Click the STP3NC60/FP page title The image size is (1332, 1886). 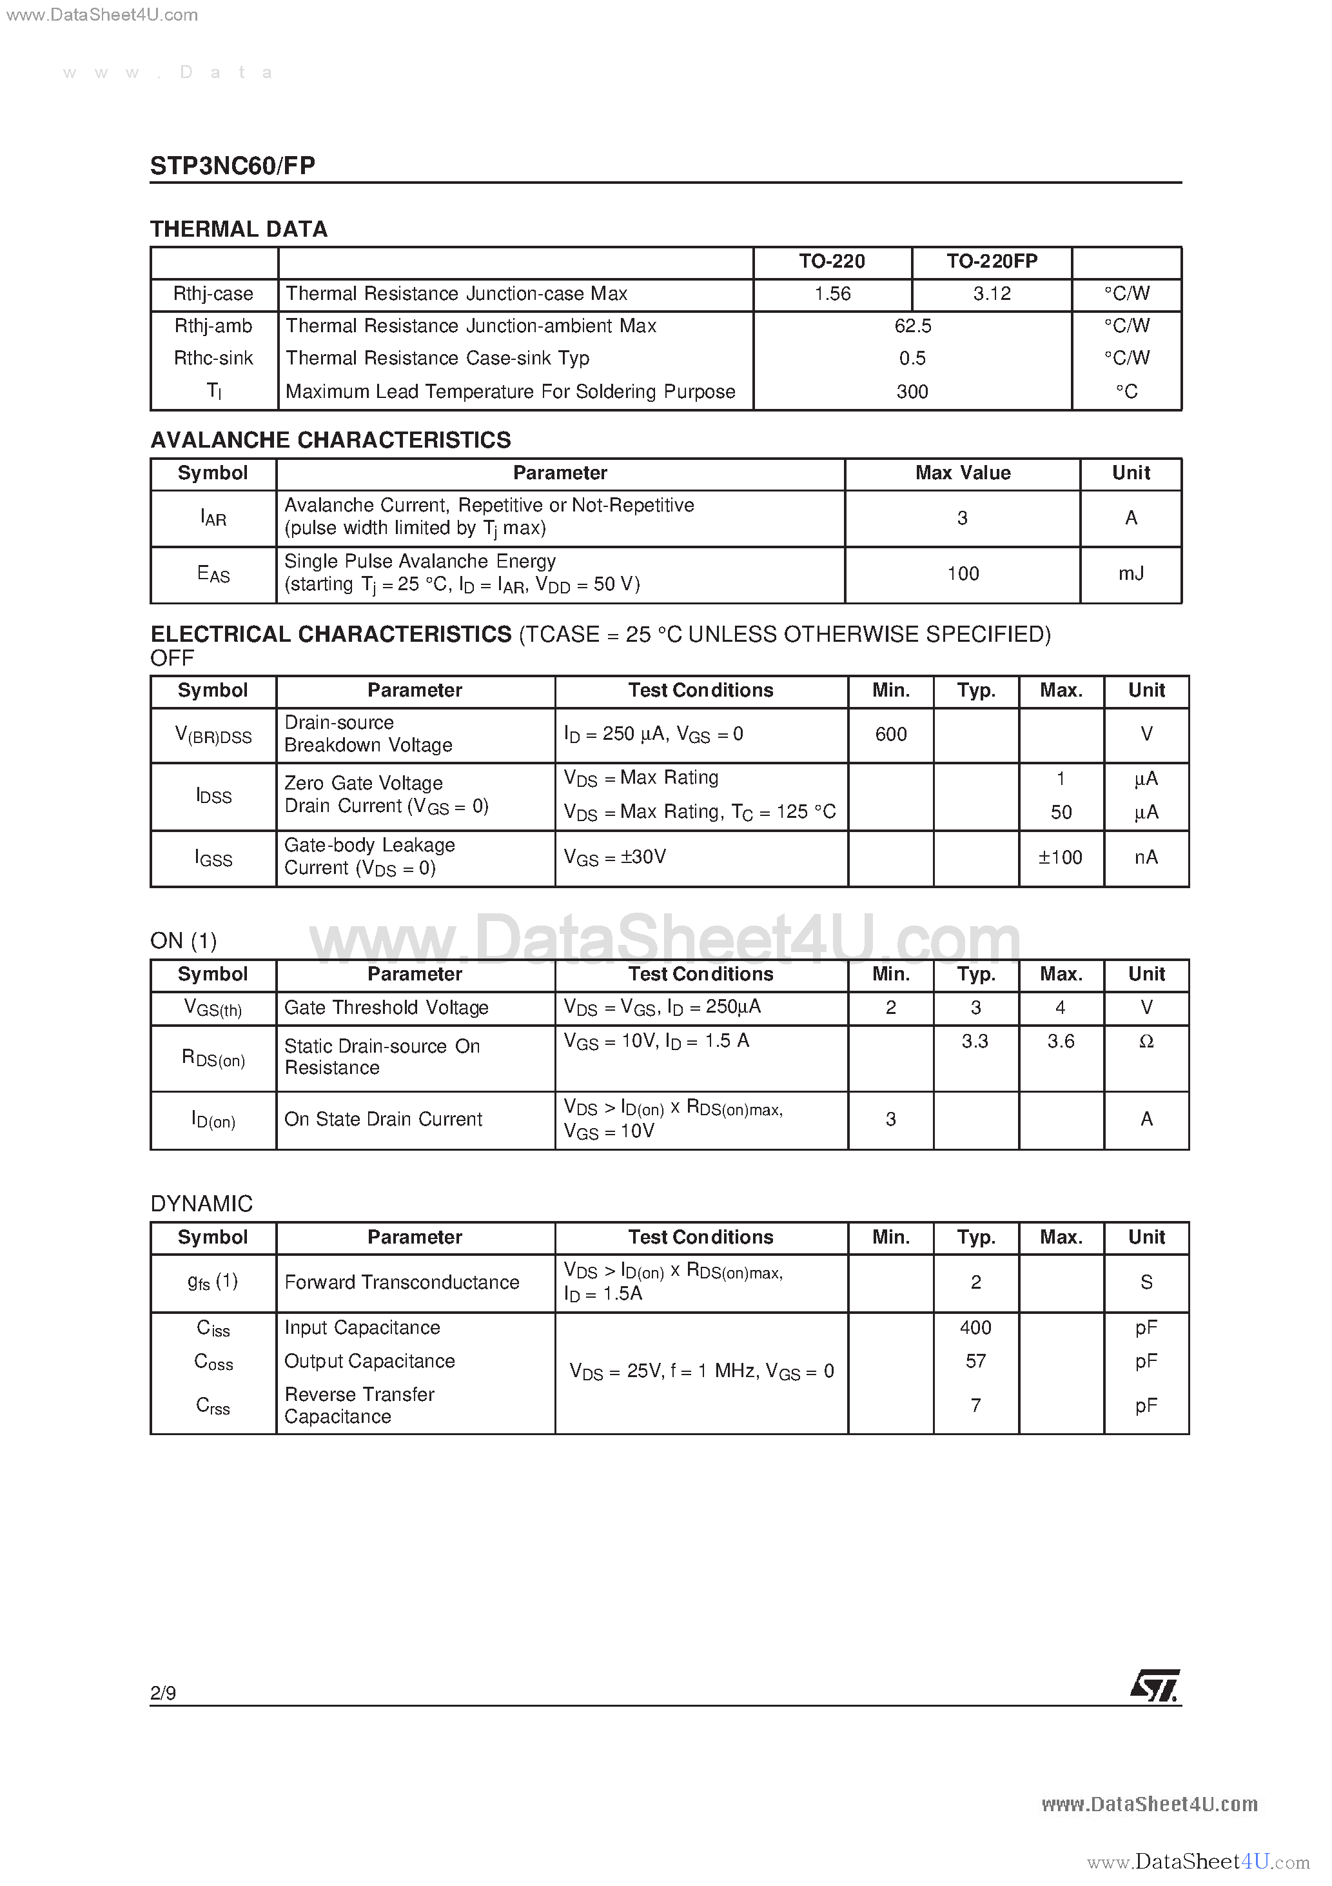click(232, 165)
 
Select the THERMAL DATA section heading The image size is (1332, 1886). click(238, 229)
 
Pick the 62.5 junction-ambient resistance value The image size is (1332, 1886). click(912, 326)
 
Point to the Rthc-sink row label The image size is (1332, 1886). click(213, 358)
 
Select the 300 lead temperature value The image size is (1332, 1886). click(912, 392)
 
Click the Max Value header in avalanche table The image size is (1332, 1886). click(963, 473)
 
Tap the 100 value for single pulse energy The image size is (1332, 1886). click(963, 573)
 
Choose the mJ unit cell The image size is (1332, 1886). click(1131, 573)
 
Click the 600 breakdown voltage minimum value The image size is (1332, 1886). click(891, 735)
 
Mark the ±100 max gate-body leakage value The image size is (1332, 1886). click(1060, 858)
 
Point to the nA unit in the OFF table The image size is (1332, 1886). click(1146, 858)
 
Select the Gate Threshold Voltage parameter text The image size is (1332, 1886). click(386, 1008)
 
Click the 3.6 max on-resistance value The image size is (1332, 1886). click(1060, 1042)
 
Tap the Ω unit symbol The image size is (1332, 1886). click(1146, 1042)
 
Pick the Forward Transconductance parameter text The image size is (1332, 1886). click(402, 1282)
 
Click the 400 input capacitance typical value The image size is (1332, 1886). click(975, 1327)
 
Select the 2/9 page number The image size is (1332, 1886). click(162, 1692)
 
